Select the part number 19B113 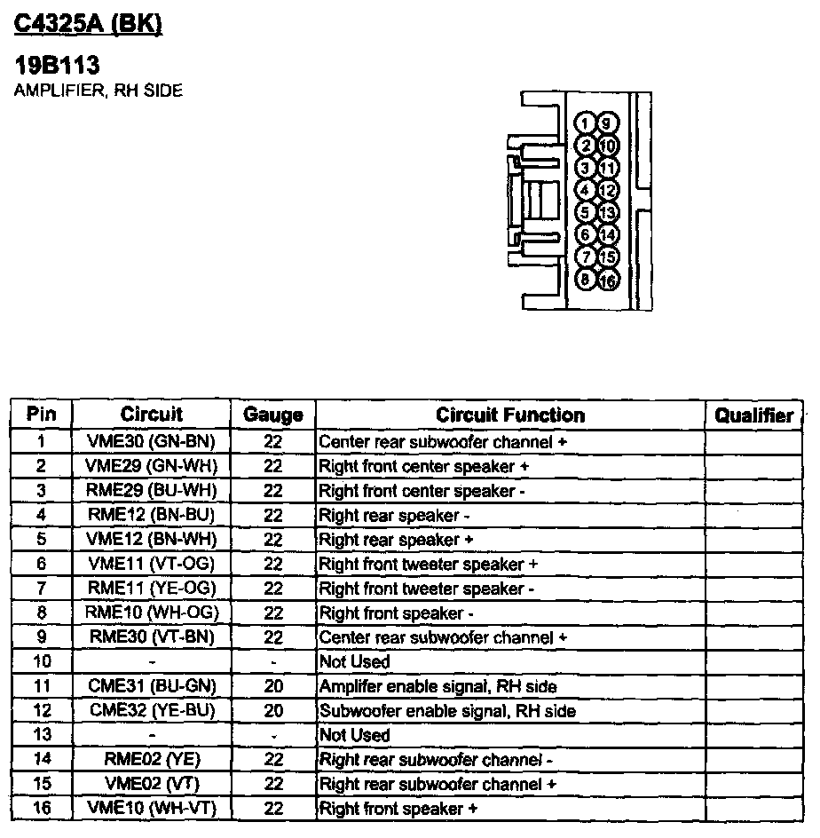pyautogui.click(x=58, y=65)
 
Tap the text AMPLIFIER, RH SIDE pyautogui.click(x=99, y=91)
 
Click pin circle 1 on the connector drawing pyautogui.click(x=586, y=123)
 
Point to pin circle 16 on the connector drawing pyautogui.click(x=608, y=281)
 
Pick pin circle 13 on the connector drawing pyautogui.click(x=608, y=213)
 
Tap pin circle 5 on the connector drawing pyautogui.click(x=586, y=212)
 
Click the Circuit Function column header pyautogui.click(x=510, y=415)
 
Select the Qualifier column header pyautogui.click(x=754, y=415)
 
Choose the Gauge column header pyautogui.click(x=273, y=415)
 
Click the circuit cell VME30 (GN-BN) pyautogui.click(x=152, y=441)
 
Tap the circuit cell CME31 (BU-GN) pyautogui.click(x=152, y=686)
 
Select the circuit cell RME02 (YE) pyautogui.click(x=152, y=759)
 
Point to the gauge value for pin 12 pyautogui.click(x=273, y=711)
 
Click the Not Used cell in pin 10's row pyautogui.click(x=354, y=661)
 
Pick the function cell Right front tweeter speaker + pyautogui.click(x=428, y=564)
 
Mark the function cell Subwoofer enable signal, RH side pyautogui.click(x=447, y=711)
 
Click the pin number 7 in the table pyautogui.click(x=41, y=589)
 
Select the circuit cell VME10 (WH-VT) pyautogui.click(x=152, y=808)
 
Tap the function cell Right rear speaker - pyautogui.click(x=394, y=515)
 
